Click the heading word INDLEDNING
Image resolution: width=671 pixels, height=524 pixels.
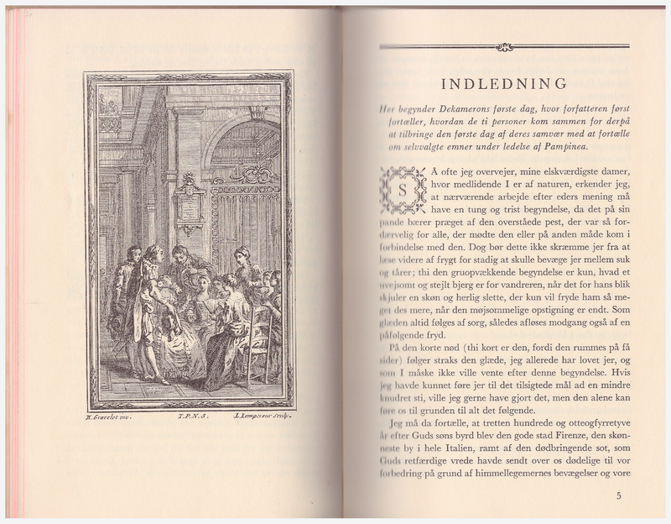click(x=503, y=83)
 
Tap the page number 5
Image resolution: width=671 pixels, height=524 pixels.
click(x=619, y=495)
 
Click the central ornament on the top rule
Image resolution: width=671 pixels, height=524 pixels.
click(x=504, y=47)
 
